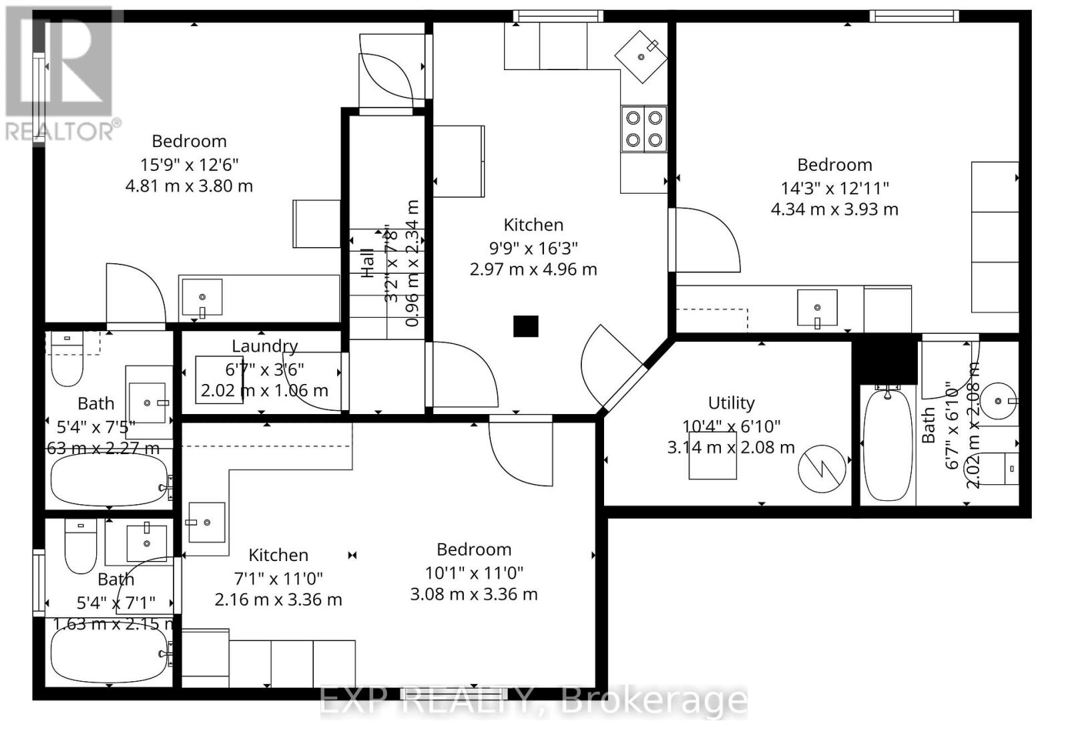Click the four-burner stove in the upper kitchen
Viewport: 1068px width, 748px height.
point(644,129)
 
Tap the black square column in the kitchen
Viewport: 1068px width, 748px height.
point(525,326)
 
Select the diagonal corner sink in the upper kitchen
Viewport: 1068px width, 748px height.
point(641,56)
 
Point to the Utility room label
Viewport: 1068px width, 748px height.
point(731,403)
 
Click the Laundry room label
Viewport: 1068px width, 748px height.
point(264,346)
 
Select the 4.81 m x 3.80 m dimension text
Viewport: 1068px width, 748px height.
point(189,186)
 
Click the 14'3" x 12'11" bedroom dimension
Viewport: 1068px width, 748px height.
point(834,188)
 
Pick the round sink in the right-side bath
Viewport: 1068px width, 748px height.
point(999,401)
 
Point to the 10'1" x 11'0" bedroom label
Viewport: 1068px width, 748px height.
point(474,550)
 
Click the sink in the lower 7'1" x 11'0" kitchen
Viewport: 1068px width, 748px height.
point(206,522)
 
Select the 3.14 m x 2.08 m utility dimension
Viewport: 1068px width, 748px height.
point(731,447)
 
